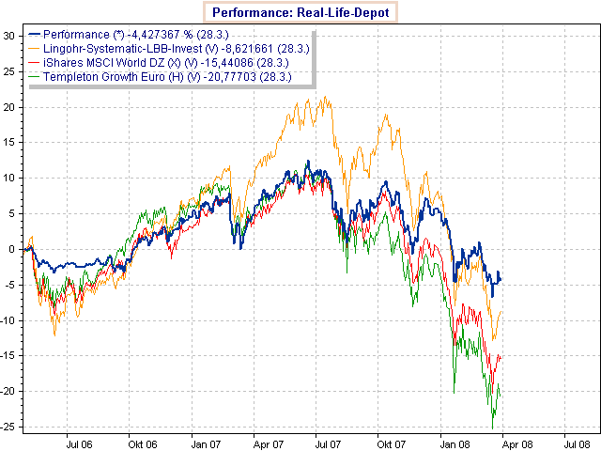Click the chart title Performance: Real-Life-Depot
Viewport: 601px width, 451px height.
tap(300, 12)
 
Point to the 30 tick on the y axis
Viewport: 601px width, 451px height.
tap(10, 36)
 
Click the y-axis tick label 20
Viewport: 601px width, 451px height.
tap(10, 107)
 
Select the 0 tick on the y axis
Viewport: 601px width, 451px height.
tap(13, 249)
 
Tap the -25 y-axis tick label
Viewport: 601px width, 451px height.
tap(9, 427)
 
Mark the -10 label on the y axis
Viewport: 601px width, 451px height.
tap(9, 320)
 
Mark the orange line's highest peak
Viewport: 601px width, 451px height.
tap(325, 96)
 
